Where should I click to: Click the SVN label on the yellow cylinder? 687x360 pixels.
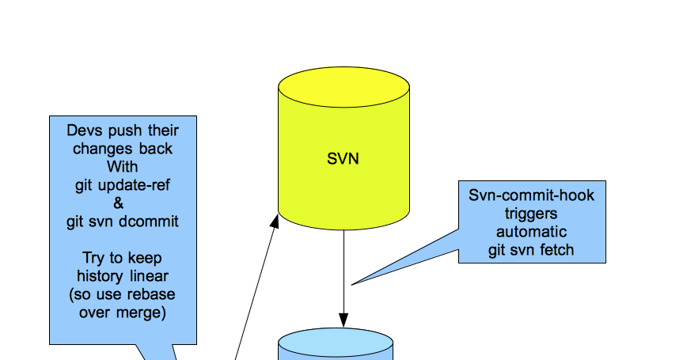(x=343, y=158)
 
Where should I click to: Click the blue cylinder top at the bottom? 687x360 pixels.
(x=336, y=347)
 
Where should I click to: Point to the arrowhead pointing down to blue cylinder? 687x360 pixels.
(x=343, y=320)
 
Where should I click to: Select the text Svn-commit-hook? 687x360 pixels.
(x=531, y=195)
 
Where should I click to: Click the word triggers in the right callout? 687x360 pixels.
(x=531, y=214)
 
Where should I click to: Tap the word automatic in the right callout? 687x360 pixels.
(x=531, y=232)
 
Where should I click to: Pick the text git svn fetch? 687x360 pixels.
(x=531, y=250)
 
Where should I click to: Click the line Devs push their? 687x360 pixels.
(x=123, y=131)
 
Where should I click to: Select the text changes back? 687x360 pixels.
(x=123, y=149)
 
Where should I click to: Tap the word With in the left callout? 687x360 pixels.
(x=123, y=167)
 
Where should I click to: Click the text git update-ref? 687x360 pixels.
(x=123, y=185)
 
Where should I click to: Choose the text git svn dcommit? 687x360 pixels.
(x=123, y=222)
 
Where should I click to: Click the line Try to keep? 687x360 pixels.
(x=123, y=258)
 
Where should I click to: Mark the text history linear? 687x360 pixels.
(x=123, y=276)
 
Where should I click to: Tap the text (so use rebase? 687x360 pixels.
(x=123, y=294)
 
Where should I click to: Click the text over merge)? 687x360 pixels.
(x=123, y=313)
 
